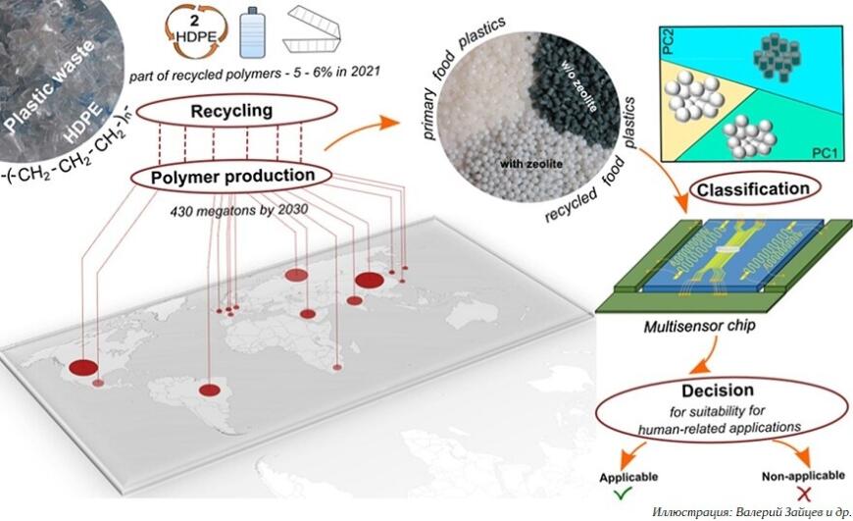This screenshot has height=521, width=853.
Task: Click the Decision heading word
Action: click(727, 390)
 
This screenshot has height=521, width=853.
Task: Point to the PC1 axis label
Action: click(821, 155)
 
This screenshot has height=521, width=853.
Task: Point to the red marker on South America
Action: click(210, 390)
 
